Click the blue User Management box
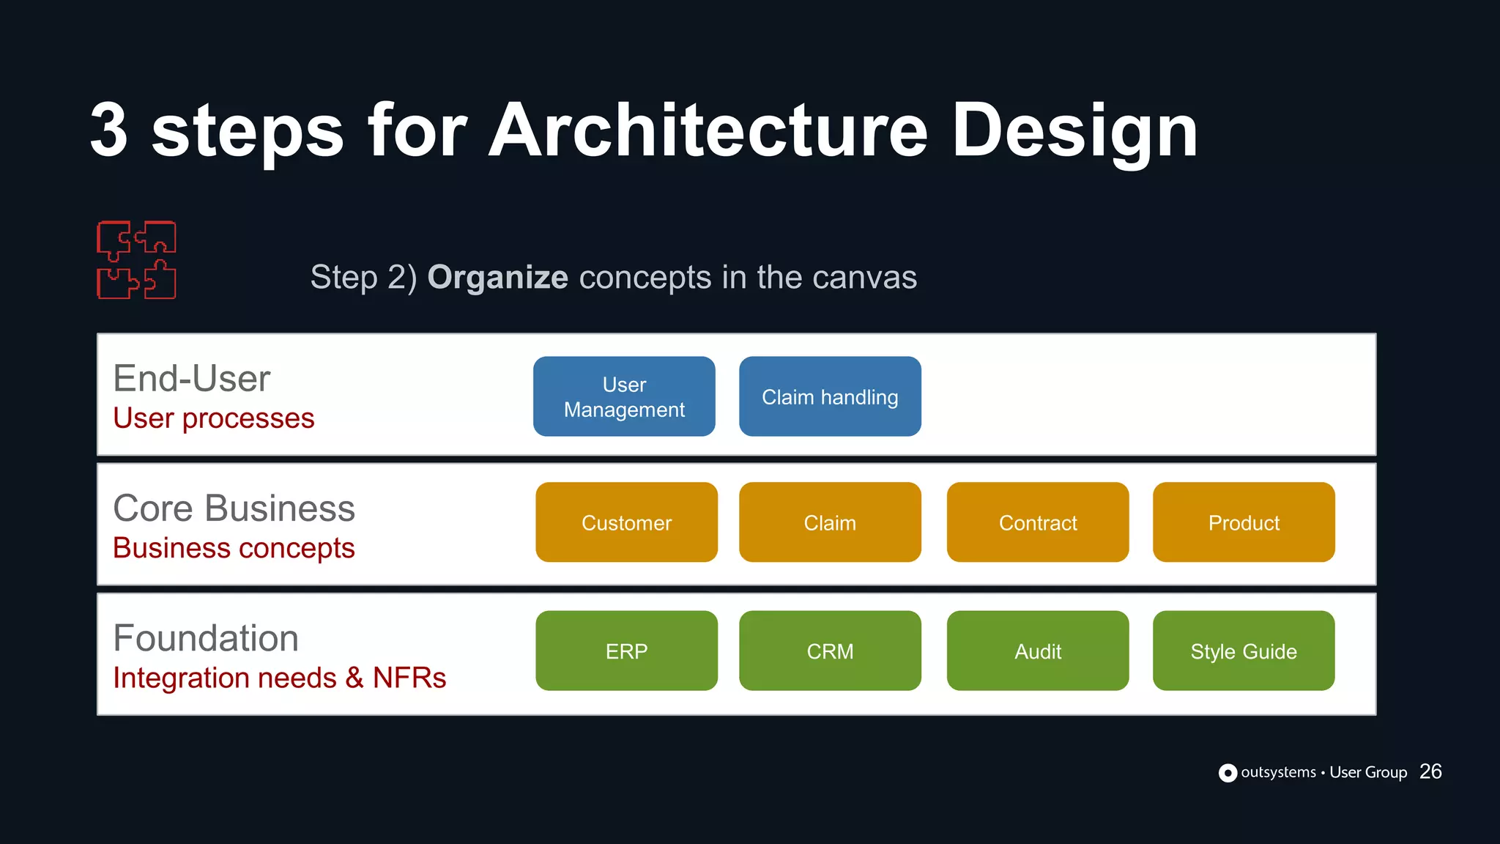(x=624, y=396)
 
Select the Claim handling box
(x=830, y=396)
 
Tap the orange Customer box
(x=626, y=522)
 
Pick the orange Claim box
(x=830, y=522)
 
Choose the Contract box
(x=1037, y=522)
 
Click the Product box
(x=1243, y=522)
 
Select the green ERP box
(x=626, y=651)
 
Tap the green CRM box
(x=830, y=651)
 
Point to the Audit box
(x=1037, y=651)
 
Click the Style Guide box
(x=1243, y=651)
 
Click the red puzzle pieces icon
(x=137, y=260)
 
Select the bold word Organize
(x=497, y=278)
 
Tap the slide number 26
(x=1430, y=771)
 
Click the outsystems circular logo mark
(x=1228, y=773)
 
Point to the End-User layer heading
(x=192, y=379)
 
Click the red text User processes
(x=213, y=418)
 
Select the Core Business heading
(x=234, y=508)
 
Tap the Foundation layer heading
(x=206, y=638)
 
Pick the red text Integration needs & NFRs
(x=279, y=678)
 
